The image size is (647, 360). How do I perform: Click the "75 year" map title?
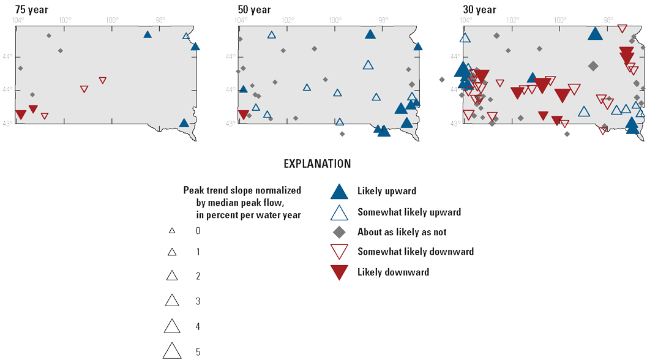32,10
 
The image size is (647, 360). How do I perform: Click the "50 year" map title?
254,10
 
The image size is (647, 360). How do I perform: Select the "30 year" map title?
480,10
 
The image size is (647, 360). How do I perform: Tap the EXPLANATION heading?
317,164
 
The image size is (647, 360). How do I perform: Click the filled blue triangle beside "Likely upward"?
339,192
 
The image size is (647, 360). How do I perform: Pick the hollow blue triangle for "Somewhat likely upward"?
339,212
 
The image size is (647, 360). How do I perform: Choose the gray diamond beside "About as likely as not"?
339,232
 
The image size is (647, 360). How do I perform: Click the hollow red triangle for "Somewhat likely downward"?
339,252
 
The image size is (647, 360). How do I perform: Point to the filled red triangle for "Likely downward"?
339,272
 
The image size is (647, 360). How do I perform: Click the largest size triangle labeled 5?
172,350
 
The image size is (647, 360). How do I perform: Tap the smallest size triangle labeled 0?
172,231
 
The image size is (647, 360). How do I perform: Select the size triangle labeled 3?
172,300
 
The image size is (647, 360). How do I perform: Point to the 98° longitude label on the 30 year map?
610,20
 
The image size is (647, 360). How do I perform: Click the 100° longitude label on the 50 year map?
335,20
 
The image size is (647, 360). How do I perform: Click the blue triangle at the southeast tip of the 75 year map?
184,123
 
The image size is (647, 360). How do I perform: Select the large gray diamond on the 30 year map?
593,66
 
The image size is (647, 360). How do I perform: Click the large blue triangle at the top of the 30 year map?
594,34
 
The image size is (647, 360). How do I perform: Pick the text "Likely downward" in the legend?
393,272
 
